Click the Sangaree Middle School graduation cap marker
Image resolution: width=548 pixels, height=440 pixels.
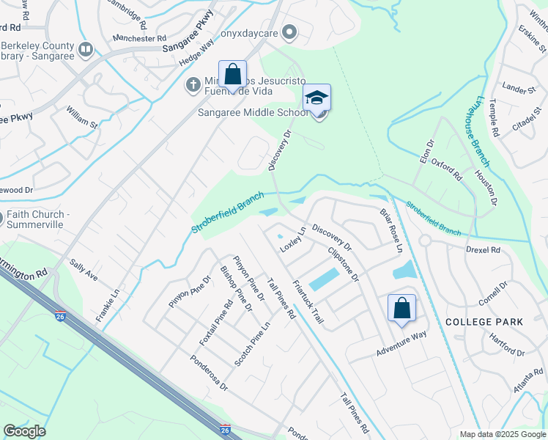tap(316, 98)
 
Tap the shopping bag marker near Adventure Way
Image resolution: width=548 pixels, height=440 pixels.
tap(401, 309)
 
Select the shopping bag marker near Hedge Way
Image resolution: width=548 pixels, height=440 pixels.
tap(232, 75)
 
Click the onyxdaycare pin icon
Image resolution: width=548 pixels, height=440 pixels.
tap(290, 32)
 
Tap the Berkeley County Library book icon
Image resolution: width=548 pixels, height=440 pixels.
tap(86, 50)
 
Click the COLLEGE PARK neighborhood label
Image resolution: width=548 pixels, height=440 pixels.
tap(484, 322)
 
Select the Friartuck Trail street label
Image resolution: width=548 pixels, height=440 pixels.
tap(308, 302)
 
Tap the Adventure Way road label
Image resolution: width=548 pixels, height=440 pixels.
tap(401, 344)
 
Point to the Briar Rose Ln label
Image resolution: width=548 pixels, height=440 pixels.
tap(391, 230)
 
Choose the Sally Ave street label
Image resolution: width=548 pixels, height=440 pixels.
tap(84, 269)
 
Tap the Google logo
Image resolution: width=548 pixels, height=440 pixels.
tap(24, 431)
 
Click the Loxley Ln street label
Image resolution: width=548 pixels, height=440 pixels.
tap(292, 240)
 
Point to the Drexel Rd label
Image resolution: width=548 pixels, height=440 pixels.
tap(482, 249)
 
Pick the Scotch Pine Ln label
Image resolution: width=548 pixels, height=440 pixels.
tap(252, 345)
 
